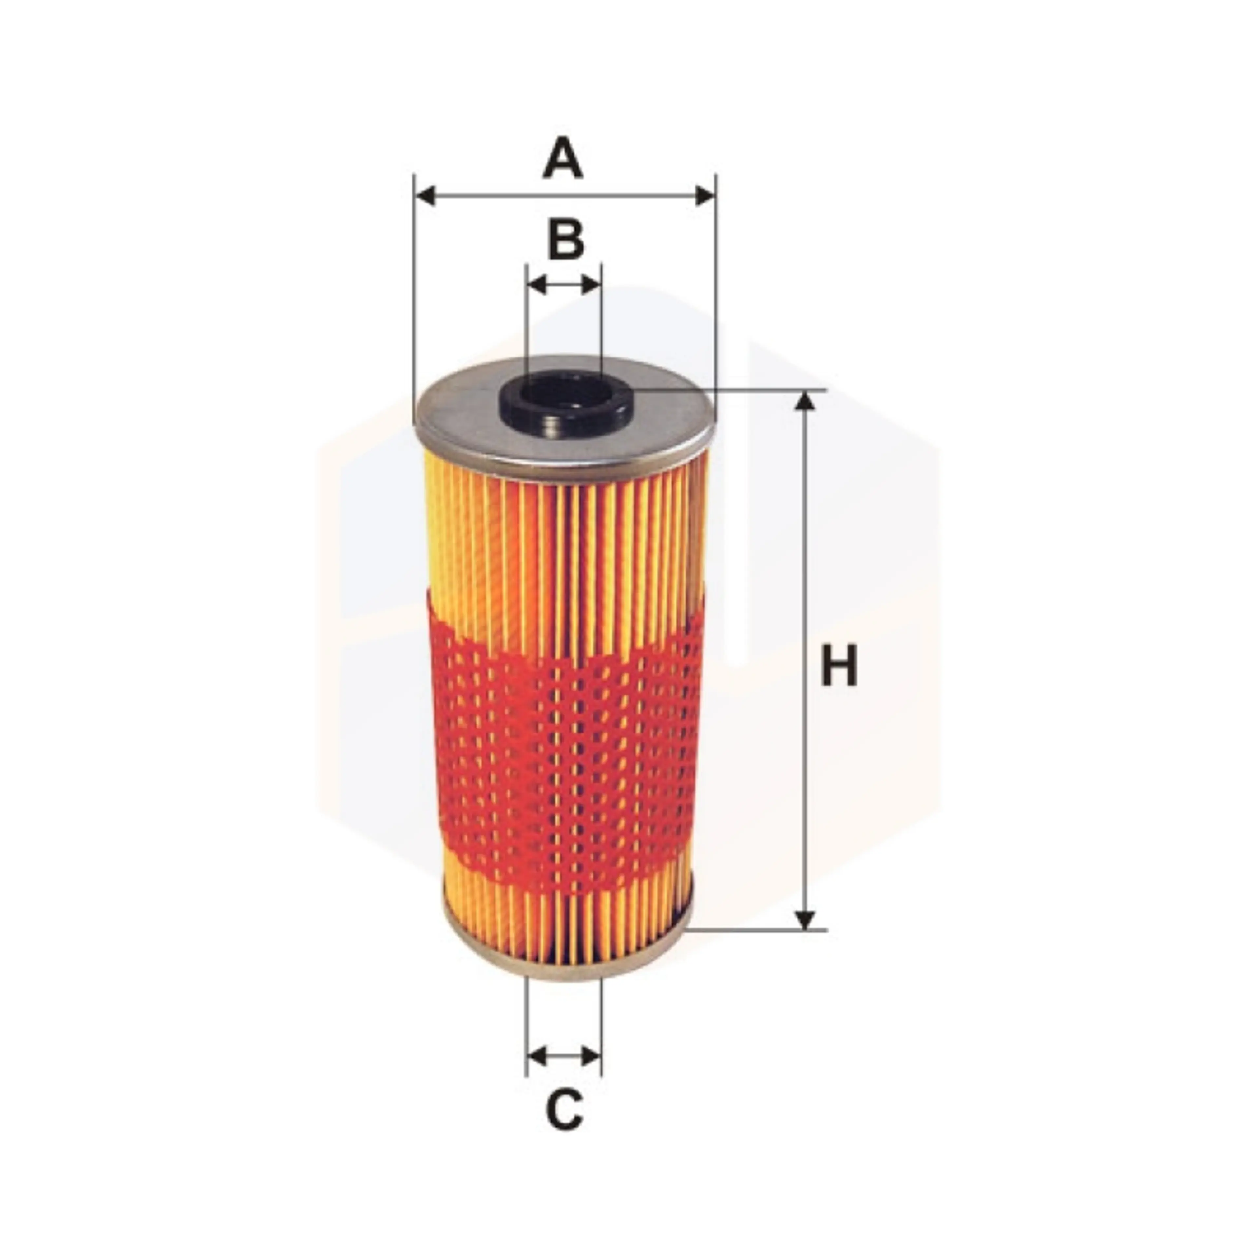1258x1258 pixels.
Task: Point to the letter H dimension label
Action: [x=839, y=665]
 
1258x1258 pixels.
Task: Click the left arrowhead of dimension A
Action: [x=425, y=195]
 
